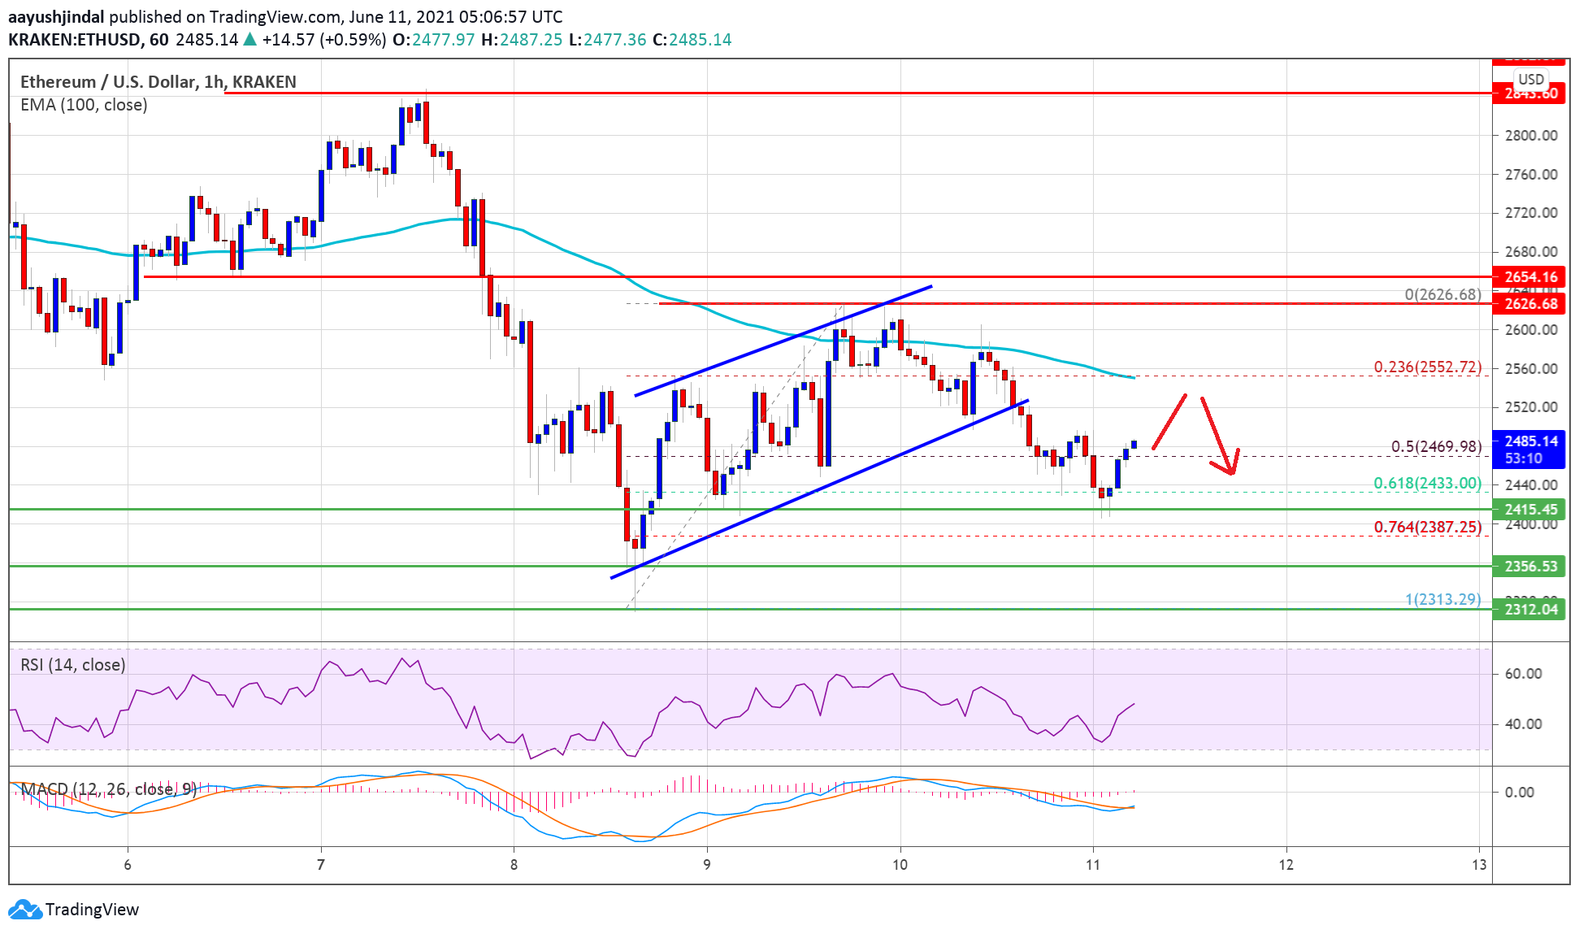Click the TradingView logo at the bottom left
[73, 909]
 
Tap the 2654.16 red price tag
[1530, 277]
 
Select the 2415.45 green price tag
[1530, 510]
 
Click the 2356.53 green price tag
[1530, 567]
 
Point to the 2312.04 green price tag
[1530, 610]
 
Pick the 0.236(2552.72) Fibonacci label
[1427, 367]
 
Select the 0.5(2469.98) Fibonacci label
[1436, 446]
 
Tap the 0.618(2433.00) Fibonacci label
[1427, 484]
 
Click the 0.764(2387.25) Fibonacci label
[1427, 528]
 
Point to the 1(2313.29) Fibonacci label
[1442, 599]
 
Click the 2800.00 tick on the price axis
[1530, 136]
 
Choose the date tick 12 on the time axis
[1286, 865]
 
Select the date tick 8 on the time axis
[514, 865]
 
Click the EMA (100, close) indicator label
[84, 105]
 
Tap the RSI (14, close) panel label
[73, 665]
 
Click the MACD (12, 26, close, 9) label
[108, 789]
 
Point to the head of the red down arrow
[1232, 472]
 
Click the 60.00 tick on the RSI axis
[1522, 674]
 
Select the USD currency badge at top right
[1531, 80]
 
